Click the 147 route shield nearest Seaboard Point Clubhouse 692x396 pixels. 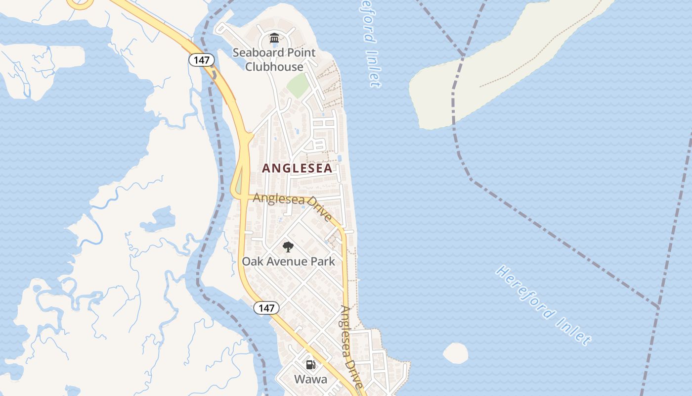coord(202,60)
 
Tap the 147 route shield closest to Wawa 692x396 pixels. coord(266,308)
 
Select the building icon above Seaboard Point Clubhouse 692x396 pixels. coord(274,38)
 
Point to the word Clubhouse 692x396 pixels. coord(274,67)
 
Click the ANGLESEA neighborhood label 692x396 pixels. coord(297,168)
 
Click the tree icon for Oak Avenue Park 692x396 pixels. coord(288,247)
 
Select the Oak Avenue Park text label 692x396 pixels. coord(288,261)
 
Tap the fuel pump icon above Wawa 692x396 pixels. coord(311,365)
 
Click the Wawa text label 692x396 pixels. coord(311,380)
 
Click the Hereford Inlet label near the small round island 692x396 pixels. coord(544,305)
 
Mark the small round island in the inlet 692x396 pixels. coord(455,353)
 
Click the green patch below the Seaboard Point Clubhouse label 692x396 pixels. coord(298,85)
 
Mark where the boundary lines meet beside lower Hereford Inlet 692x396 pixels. coord(659,308)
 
